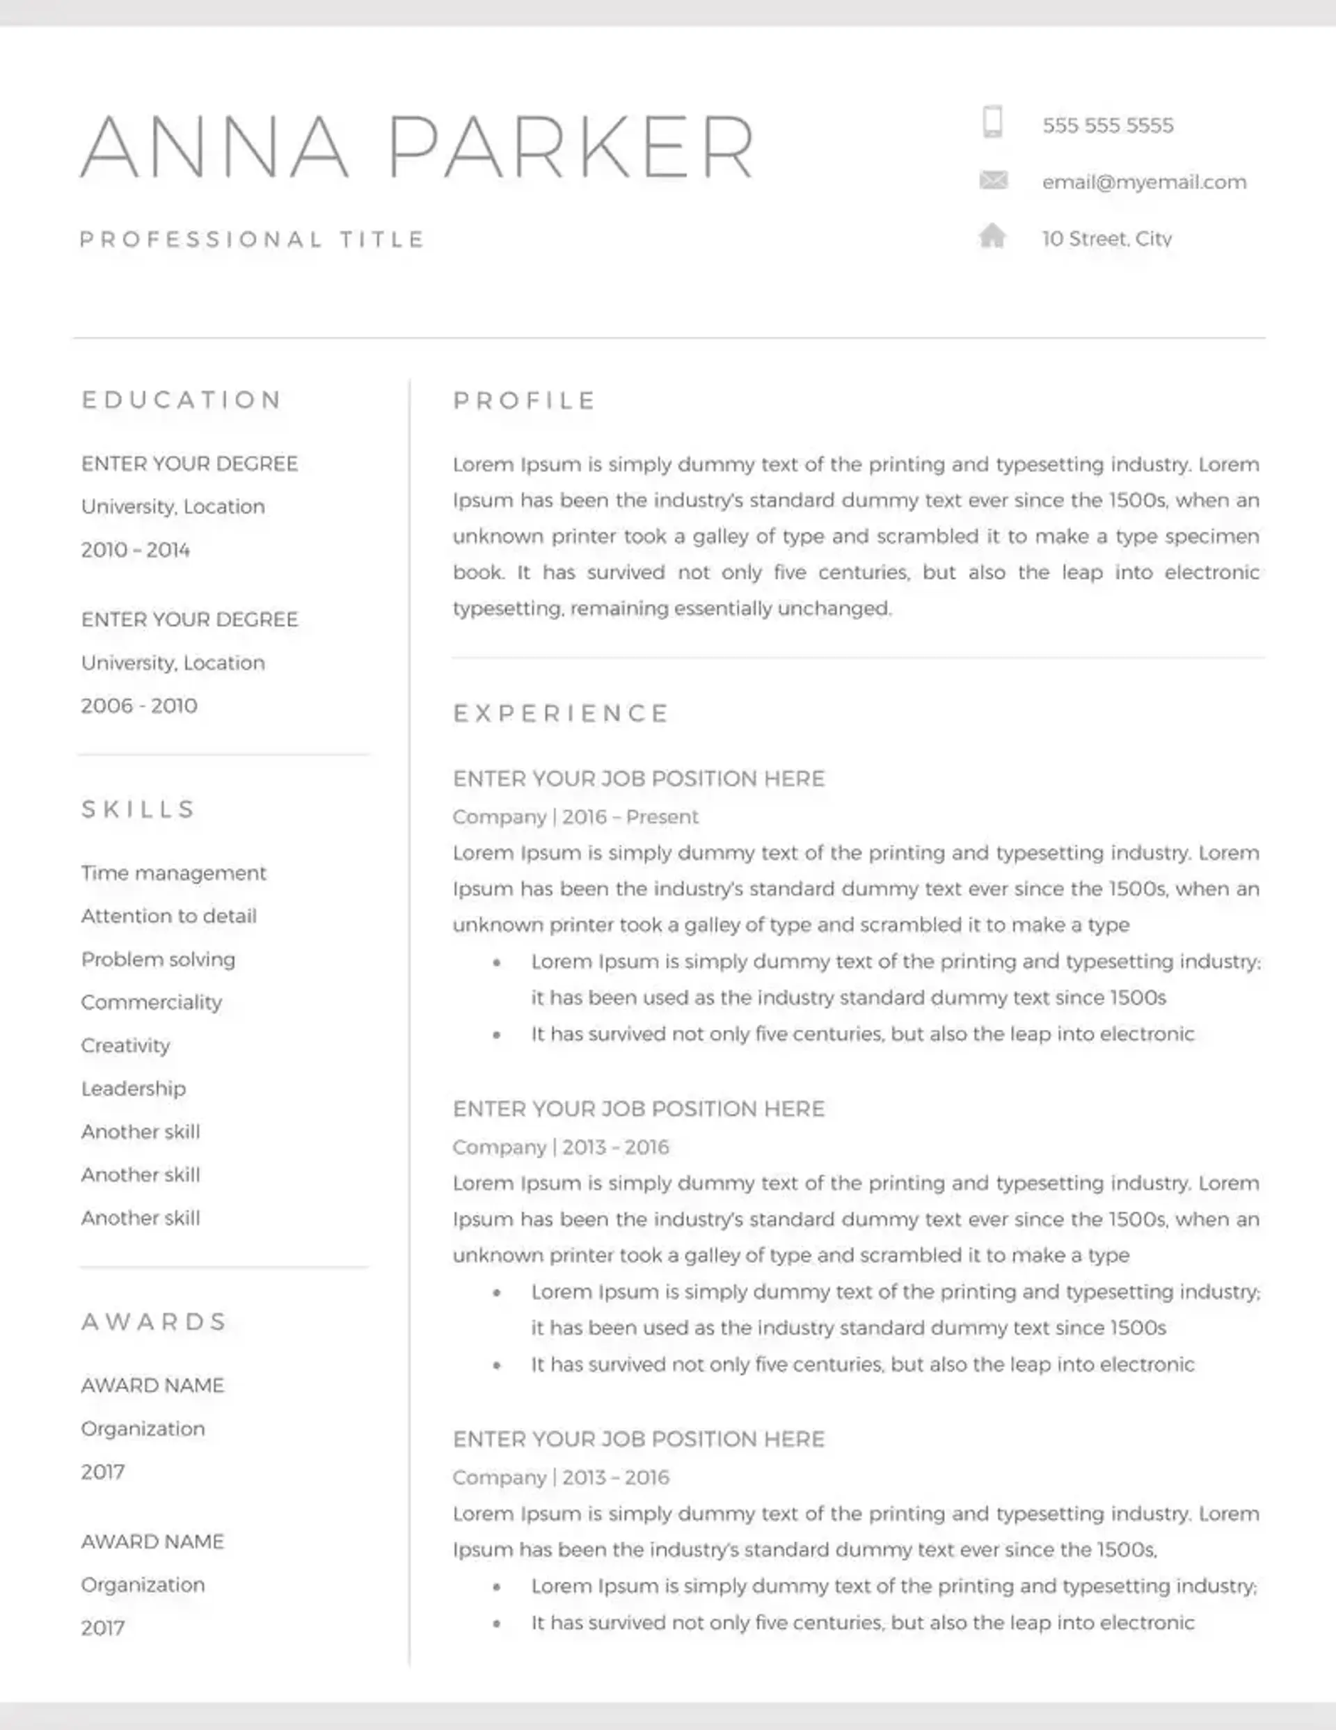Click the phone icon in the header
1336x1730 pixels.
[x=992, y=122]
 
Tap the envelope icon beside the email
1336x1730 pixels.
[x=993, y=181]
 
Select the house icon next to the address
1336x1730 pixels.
[x=992, y=236]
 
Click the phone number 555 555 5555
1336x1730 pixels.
[x=1107, y=125]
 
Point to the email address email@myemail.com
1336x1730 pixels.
[x=1143, y=182]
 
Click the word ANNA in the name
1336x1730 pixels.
[x=214, y=148]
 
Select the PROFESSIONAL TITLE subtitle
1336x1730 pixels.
[x=253, y=239]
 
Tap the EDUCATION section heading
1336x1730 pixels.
[x=182, y=399]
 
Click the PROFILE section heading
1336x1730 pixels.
[x=524, y=400]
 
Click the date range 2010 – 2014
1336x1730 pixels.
[x=136, y=550]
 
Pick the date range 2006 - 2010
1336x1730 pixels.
[x=139, y=706]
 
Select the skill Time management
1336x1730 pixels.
[x=173, y=873]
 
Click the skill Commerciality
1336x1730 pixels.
[x=151, y=1002]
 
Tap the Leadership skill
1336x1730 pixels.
[x=133, y=1088]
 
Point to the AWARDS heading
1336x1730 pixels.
[x=154, y=1322]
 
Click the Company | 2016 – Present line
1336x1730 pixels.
[x=575, y=817]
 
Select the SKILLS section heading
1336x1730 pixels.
[x=138, y=809]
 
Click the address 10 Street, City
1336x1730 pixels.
[x=1106, y=239]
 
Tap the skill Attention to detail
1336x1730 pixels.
[x=168, y=916]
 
